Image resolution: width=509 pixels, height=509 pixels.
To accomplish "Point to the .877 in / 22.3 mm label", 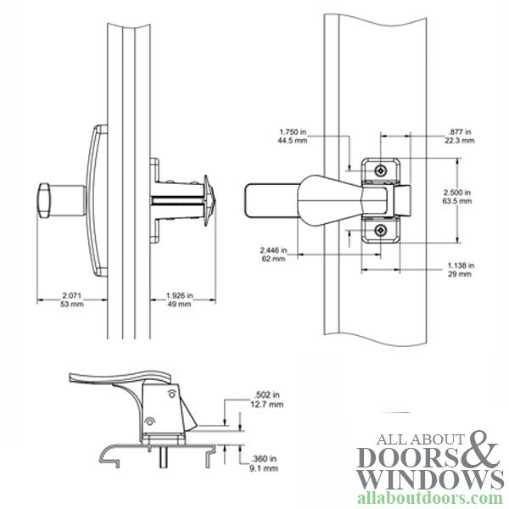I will [461, 137].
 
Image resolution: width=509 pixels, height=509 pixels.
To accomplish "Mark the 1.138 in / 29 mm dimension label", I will [461, 271].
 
